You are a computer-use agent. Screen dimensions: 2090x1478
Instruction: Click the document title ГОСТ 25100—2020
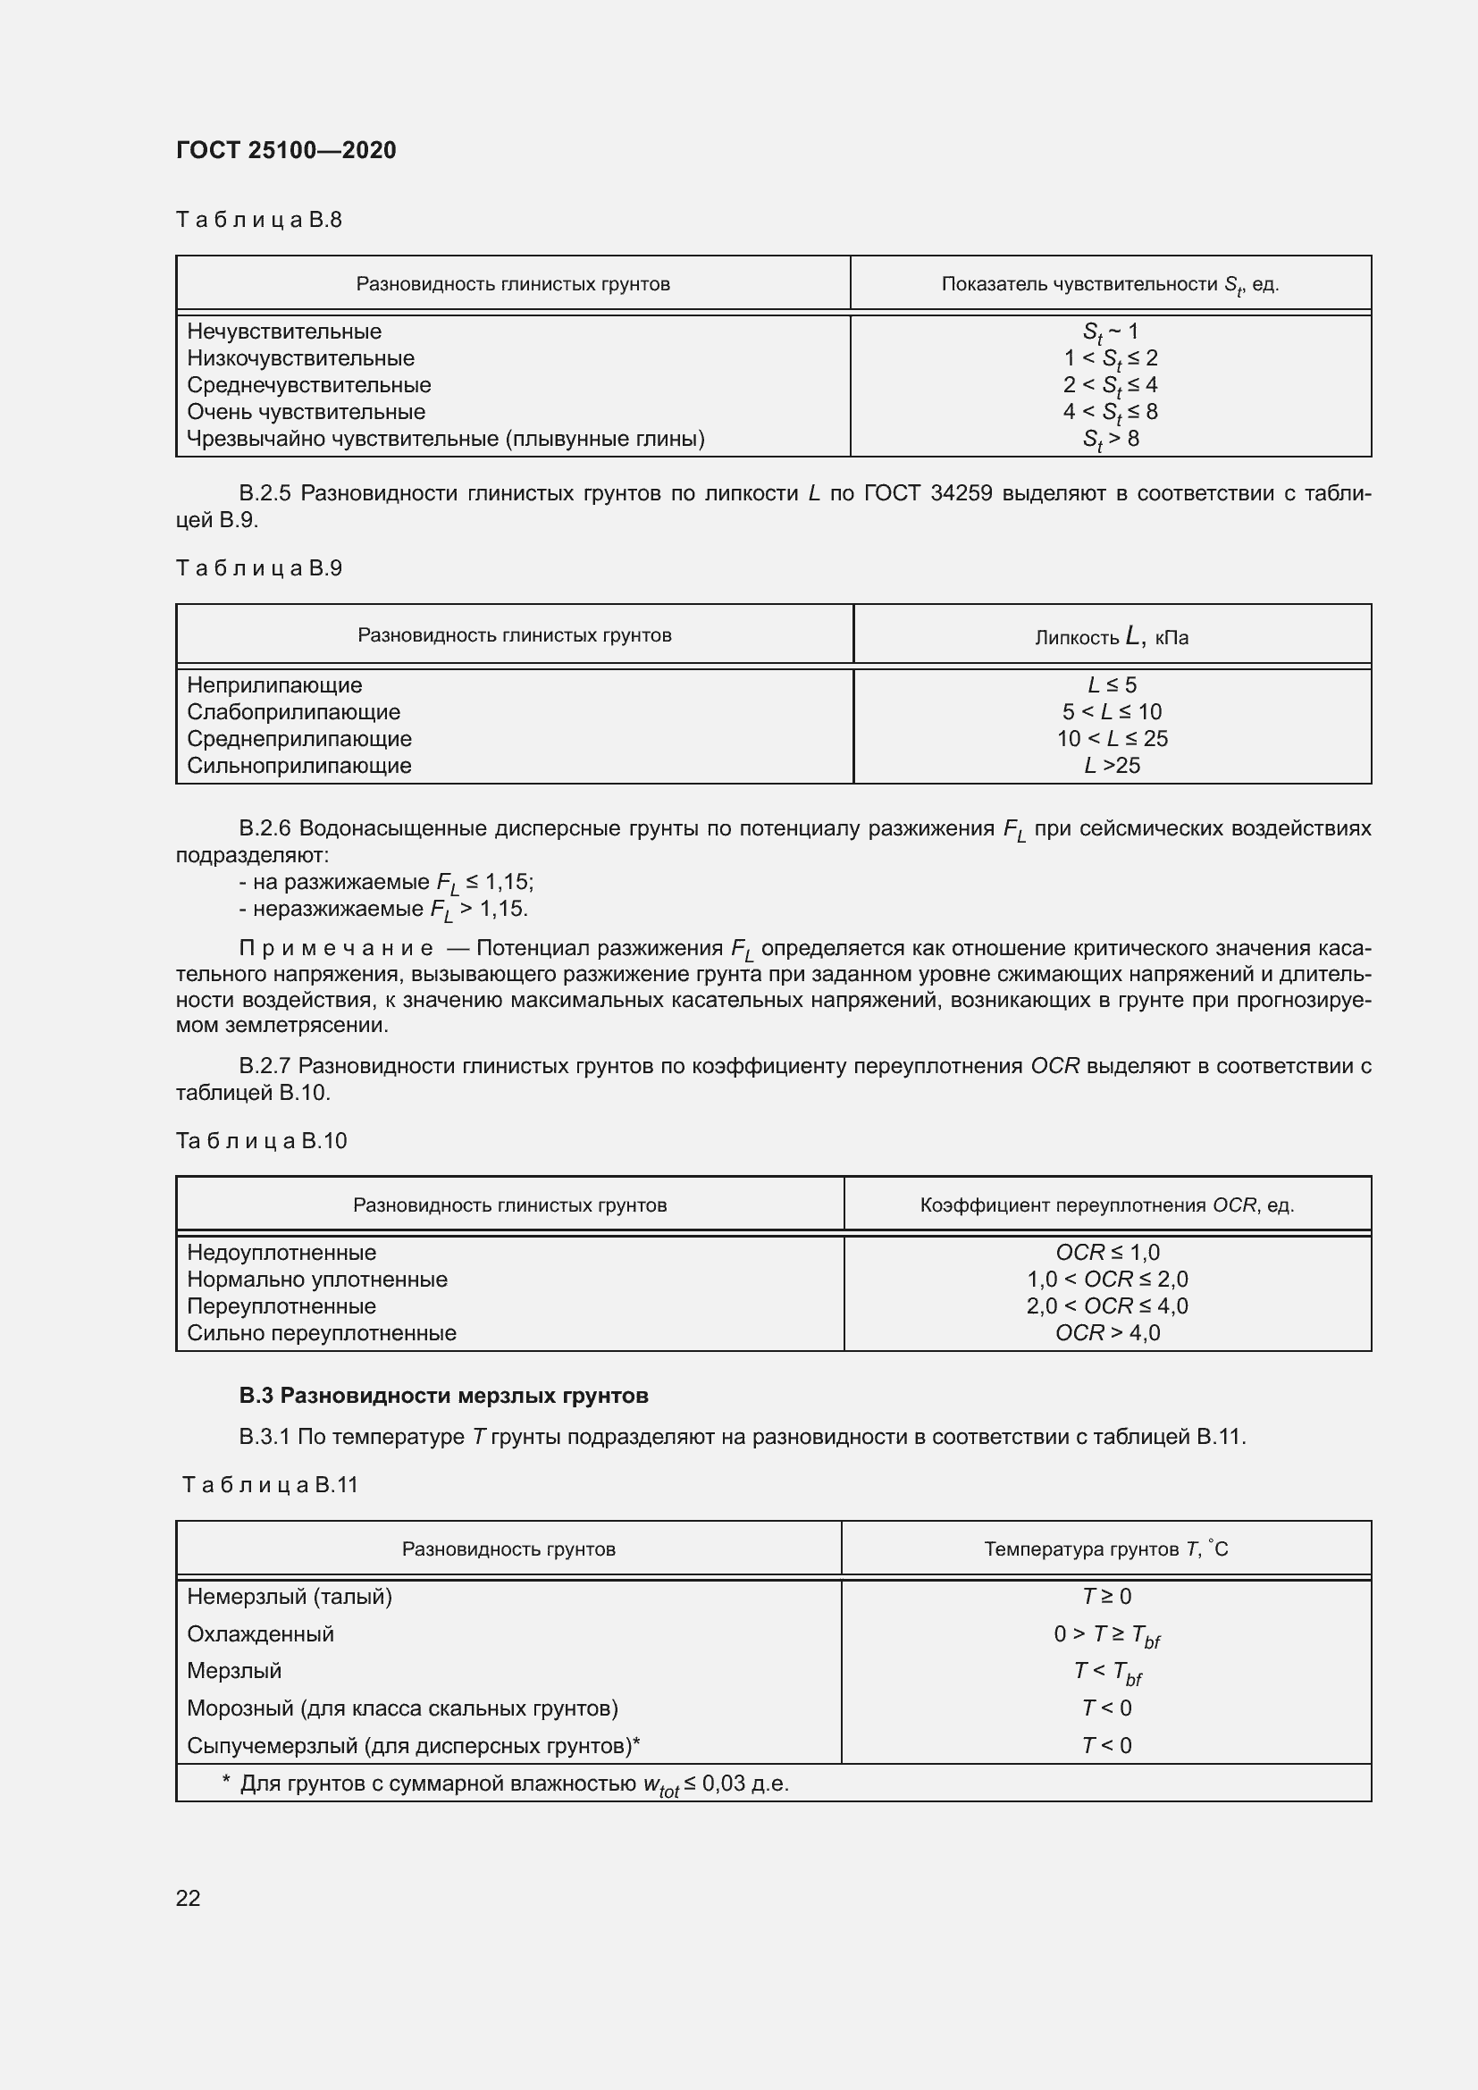[x=286, y=150]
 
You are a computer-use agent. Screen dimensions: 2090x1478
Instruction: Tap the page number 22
[x=188, y=1898]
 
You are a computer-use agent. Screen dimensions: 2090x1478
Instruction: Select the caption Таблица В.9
[x=258, y=568]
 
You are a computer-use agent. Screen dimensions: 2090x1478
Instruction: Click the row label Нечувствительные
[x=284, y=332]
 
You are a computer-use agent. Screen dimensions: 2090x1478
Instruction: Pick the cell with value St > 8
[x=1111, y=440]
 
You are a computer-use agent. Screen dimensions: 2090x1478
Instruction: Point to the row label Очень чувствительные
[x=306, y=411]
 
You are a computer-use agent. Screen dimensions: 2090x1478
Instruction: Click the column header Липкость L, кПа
[x=1112, y=636]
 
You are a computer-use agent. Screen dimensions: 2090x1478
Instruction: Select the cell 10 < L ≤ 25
[x=1112, y=738]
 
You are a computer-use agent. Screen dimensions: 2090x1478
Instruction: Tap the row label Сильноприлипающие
[x=299, y=766]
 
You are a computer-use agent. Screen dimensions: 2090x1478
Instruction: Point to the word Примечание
[x=336, y=949]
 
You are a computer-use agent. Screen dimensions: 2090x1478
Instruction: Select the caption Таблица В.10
[x=261, y=1140]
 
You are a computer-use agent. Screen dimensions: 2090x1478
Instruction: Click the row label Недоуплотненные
[x=281, y=1253]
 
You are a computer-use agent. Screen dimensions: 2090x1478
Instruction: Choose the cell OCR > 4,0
[x=1107, y=1332]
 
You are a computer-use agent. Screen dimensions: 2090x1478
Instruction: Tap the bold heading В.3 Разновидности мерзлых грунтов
[x=443, y=1396]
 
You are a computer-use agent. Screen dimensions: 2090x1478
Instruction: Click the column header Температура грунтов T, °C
[x=1105, y=1549]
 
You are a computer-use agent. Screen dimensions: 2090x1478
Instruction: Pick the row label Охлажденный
[x=260, y=1634]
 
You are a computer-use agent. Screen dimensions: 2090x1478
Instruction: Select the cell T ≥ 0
[x=1105, y=1597]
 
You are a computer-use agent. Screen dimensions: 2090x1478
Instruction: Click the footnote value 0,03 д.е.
[x=745, y=1784]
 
